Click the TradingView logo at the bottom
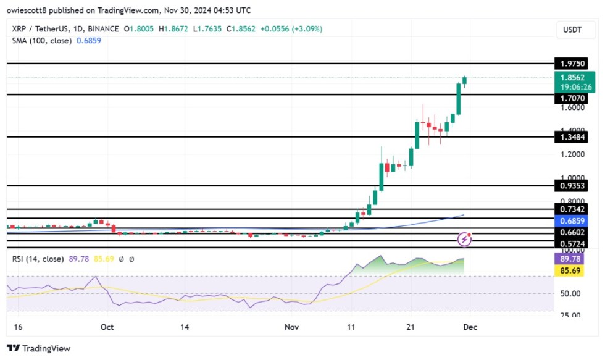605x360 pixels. (x=39, y=348)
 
